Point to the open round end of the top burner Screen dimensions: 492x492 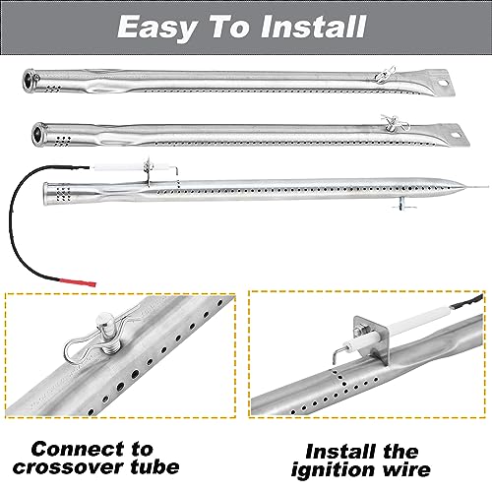click(x=30, y=79)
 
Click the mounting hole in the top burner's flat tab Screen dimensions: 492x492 click(x=444, y=84)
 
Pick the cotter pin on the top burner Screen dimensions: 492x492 click(x=385, y=76)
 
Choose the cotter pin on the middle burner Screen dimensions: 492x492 click(x=395, y=123)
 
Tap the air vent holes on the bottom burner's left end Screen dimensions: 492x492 click(x=64, y=194)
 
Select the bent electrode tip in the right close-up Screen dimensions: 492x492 click(x=337, y=353)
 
